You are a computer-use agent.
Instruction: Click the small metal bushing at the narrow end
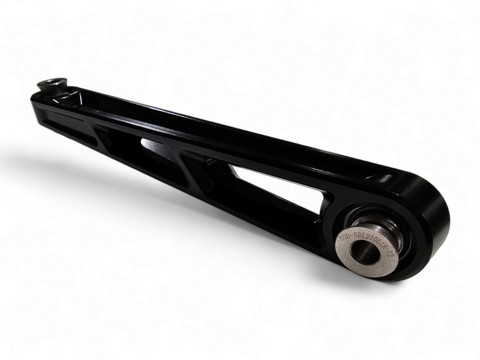click(x=52, y=83)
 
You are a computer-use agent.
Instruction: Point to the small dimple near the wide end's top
click(x=378, y=178)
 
